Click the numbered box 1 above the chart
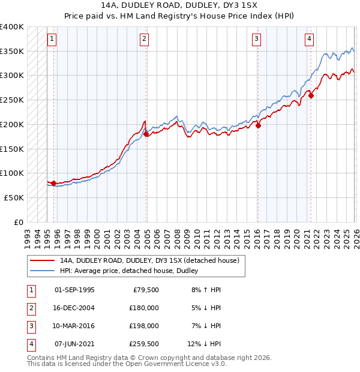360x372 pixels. [x=52, y=40]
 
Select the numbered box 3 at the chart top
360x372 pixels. [x=256, y=40]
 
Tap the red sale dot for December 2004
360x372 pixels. [x=146, y=134]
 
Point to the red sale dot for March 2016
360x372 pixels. [x=258, y=125]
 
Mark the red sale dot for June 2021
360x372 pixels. [x=311, y=95]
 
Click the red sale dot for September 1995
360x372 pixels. [x=53, y=183]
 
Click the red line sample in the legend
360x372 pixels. [x=42, y=260]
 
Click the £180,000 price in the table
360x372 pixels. [x=144, y=307]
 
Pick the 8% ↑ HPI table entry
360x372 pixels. [x=206, y=289]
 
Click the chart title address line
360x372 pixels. [x=180, y=7]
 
